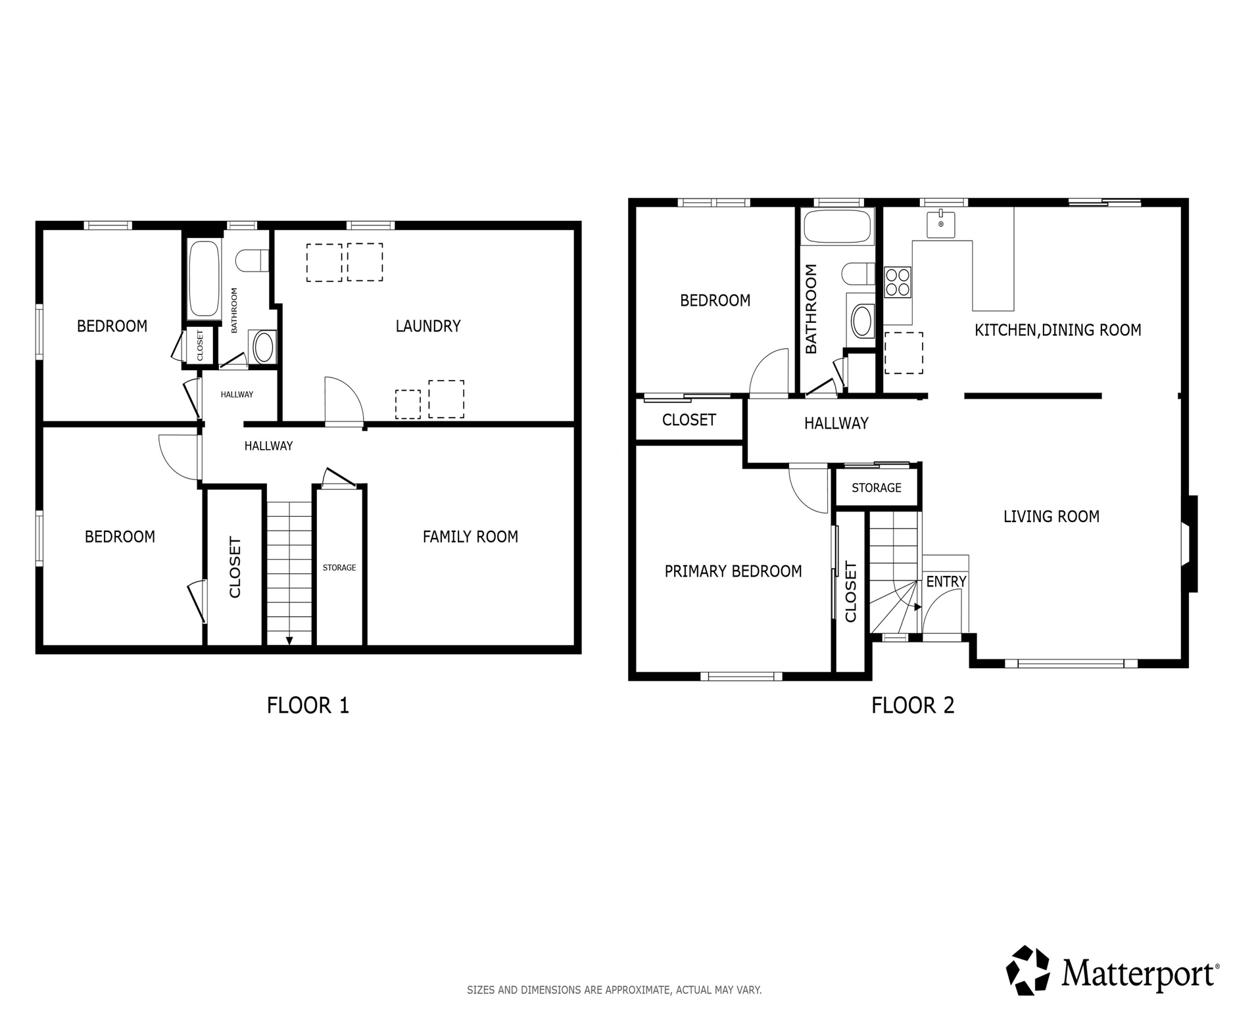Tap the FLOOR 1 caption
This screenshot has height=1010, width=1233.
(x=308, y=706)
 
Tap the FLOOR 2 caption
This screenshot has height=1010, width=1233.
(x=912, y=706)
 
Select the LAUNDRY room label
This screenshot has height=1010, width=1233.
(x=427, y=326)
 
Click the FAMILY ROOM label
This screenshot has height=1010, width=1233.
(x=470, y=537)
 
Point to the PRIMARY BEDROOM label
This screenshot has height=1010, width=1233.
(x=733, y=571)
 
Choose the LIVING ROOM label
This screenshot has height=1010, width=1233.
(x=1051, y=517)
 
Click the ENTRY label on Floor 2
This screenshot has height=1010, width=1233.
(x=946, y=582)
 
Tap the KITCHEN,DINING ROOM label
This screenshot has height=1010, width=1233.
(x=1057, y=330)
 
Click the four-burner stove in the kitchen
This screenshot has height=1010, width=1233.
(x=898, y=282)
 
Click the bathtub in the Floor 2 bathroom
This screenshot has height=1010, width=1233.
(x=838, y=227)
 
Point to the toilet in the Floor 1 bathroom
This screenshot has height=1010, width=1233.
(x=253, y=260)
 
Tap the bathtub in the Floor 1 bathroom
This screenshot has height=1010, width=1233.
(x=203, y=279)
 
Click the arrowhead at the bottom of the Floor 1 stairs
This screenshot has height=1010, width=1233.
(x=289, y=640)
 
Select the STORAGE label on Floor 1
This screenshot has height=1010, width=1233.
(x=339, y=567)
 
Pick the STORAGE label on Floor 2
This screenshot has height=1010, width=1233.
(x=876, y=488)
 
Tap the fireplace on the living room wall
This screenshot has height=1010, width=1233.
(x=1189, y=544)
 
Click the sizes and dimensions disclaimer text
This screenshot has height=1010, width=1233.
(x=614, y=990)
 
